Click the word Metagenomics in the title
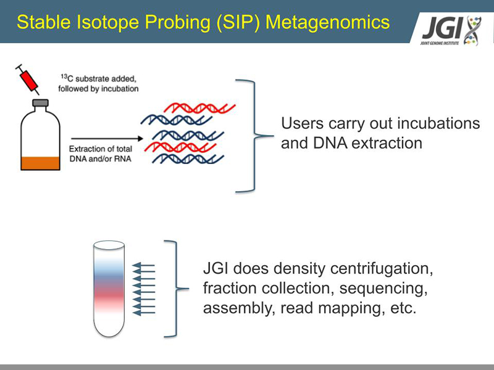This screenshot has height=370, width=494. [x=328, y=23]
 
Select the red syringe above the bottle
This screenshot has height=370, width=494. [x=27, y=80]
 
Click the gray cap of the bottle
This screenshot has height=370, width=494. [x=40, y=103]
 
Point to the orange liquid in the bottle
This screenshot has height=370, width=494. [x=40, y=163]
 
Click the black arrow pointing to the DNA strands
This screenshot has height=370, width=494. [x=107, y=138]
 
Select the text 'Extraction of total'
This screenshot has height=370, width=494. [x=101, y=149]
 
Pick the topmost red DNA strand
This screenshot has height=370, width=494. [x=199, y=108]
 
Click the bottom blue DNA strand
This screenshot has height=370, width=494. [x=188, y=158]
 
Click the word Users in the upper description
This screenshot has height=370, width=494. [x=302, y=123]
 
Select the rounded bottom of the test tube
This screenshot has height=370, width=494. [x=109, y=331]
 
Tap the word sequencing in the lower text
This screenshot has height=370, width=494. [x=383, y=289]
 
